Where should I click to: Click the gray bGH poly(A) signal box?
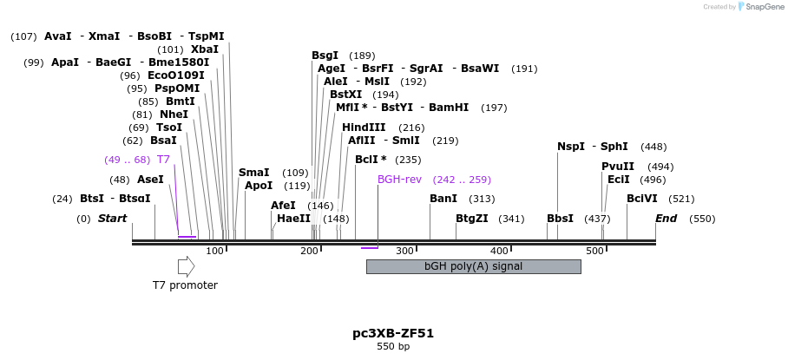pos(473,266)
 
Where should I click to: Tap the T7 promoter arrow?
pos(186,267)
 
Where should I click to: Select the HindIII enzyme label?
pos(364,128)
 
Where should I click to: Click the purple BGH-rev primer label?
pos(399,180)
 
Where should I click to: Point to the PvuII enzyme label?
pos(618,167)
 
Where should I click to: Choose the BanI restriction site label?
pos(443,199)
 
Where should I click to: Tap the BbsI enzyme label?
pos(560,219)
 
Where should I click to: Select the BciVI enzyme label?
pos(642,199)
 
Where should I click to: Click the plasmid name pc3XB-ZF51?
pos(393,333)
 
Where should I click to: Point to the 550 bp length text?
pos(393,347)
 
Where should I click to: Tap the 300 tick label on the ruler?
pos(404,251)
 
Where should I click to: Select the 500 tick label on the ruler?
pos(594,251)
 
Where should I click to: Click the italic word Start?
pos(112,219)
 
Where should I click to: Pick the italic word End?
pos(666,219)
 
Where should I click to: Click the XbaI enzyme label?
pos(205,49)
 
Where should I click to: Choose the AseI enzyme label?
pos(150,180)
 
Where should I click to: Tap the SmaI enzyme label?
pos(254,173)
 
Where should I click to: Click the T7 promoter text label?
pos(185,285)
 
